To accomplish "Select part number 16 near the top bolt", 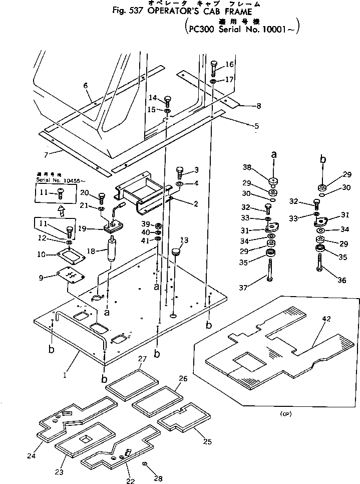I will pyautogui.click(x=229, y=64).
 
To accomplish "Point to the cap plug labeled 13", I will pyautogui.click(x=176, y=251).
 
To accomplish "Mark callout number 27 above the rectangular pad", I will pyautogui.click(x=142, y=359).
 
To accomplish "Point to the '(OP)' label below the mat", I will pyautogui.click(x=283, y=414).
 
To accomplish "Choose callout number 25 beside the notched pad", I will pyautogui.click(x=207, y=441).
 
